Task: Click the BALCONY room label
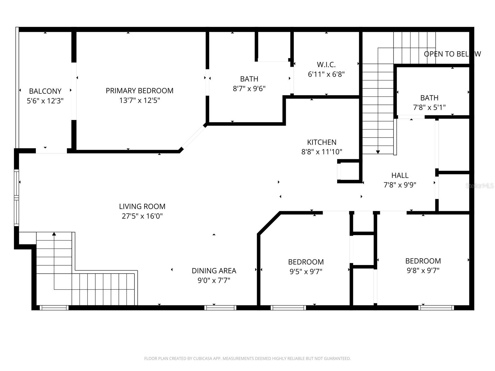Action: click(x=45, y=91)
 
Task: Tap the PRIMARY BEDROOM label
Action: click(x=140, y=91)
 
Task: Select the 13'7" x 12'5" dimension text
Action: click(x=140, y=100)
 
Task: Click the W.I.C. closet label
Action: click(x=326, y=65)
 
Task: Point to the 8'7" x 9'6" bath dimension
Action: click(x=249, y=89)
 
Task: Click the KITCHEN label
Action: click(x=322, y=142)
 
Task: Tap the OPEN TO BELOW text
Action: click(x=452, y=54)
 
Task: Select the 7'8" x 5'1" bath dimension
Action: click(x=429, y=108)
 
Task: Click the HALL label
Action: click(x=400, y=175)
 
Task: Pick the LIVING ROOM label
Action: click(x=142, y=206)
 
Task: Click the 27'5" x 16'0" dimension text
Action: click(x=142, y=216)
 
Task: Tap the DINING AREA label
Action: click(x=214, y=271)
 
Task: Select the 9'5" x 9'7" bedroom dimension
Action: click(x=306, y=272)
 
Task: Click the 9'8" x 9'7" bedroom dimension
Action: click(x=423, y=271)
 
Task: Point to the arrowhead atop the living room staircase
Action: click(x=54, y=234)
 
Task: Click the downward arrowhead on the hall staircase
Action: click(x=378, y=152)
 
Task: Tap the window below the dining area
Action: click(x=220, y=308)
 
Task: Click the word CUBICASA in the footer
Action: click(x=202, y=359)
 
